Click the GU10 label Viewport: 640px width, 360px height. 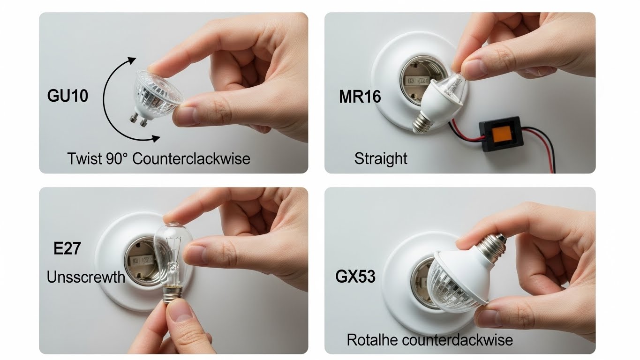click(68, 96)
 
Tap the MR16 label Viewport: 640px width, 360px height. click(360, 97)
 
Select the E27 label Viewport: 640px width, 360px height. click(67, 248)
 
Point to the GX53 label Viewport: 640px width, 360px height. click(355, 277)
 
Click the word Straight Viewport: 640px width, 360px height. click(381, 158)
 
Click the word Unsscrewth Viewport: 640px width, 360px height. click(86, 277)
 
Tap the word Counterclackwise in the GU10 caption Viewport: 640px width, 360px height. click(191, 158)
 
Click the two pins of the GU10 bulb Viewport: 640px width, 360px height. click(139, 120)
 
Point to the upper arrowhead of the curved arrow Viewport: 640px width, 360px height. click(132, 60)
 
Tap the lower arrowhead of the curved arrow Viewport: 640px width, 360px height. click(156, 139)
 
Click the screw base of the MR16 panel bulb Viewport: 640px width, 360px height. click(421, 123)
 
